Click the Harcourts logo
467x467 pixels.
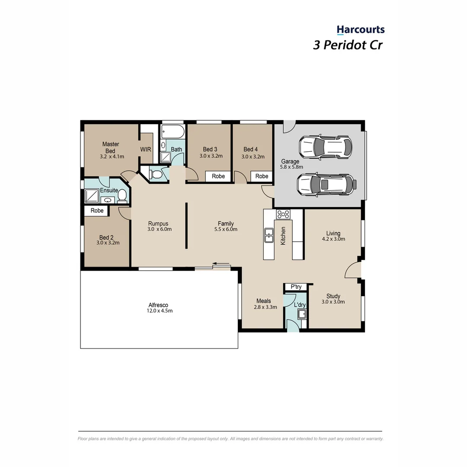361,30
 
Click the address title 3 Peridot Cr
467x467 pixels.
348,45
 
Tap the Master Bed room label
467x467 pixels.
111,147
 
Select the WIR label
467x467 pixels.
146,149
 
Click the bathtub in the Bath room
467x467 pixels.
173,131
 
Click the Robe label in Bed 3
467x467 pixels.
218,176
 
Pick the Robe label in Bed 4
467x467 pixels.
262,176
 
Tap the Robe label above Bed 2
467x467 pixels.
97,211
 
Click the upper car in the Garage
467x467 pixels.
326,147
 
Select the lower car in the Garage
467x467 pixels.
327,185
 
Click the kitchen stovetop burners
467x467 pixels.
283,214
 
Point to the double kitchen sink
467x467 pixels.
269,235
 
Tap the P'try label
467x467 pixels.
296,287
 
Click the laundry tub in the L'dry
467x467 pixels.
302,314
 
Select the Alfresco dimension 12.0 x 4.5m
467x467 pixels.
160,310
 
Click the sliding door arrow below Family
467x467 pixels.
221,263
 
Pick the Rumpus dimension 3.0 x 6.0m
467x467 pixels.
159,229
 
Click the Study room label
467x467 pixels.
333,296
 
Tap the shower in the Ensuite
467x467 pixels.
92,196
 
